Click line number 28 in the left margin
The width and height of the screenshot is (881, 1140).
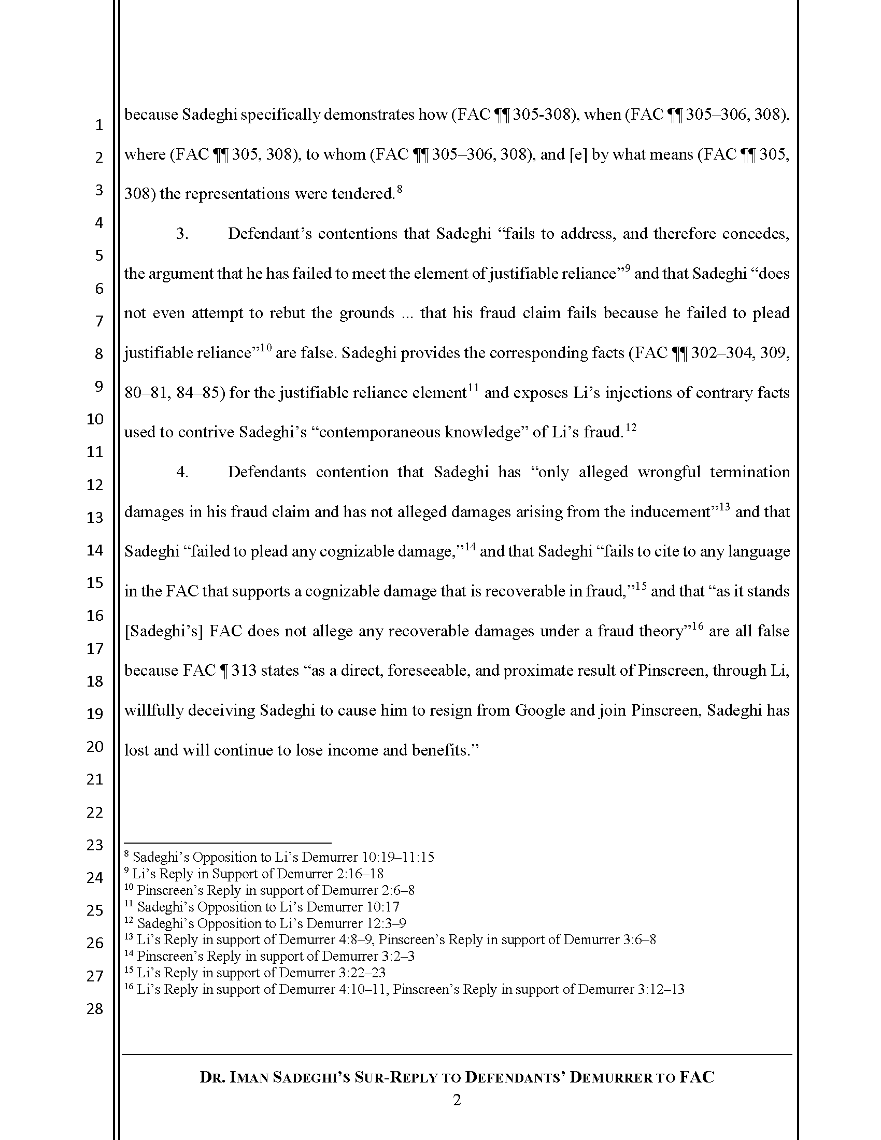click(x=94, y=1008)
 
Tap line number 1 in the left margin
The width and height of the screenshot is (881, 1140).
click(x=98, y=125)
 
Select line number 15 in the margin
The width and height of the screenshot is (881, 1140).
click(x=94, y=582)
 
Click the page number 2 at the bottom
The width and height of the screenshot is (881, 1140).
click(x=457, y=1101)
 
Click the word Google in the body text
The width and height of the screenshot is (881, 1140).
click(x=540, y=710)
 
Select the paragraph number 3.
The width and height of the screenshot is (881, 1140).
click(x=182, y=233)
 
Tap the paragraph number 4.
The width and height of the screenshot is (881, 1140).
click(x=182, y=472)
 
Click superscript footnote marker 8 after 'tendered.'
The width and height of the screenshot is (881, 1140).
click(x=399, y=190)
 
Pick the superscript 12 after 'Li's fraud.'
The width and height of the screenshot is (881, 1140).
click(x=631, y=428)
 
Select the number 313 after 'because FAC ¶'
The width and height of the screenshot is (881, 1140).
click(x=244, y=670)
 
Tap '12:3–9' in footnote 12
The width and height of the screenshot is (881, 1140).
click(x=386, y=923)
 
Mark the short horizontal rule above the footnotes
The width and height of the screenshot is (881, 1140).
click(x=228, y=843)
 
